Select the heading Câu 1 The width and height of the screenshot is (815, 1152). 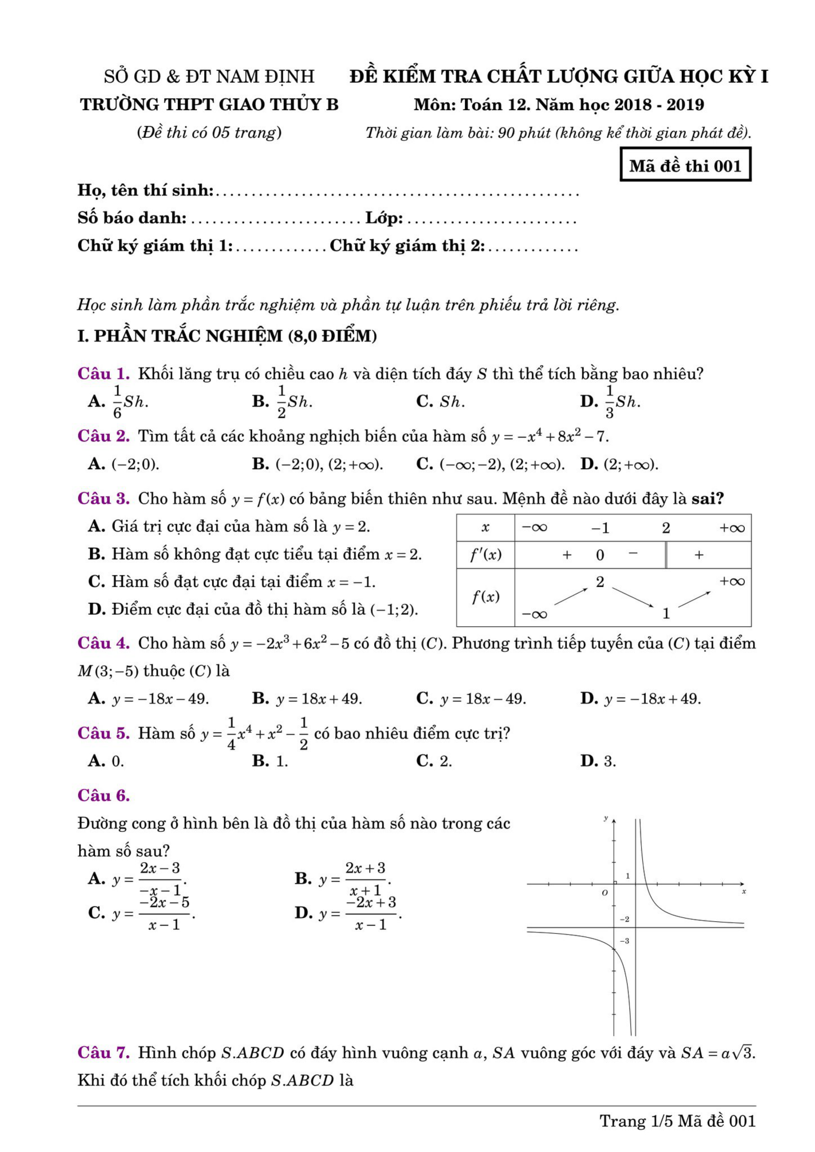(103, 374)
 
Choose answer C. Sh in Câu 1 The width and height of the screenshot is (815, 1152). (440, 402)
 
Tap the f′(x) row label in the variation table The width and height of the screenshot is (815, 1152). (485, 555)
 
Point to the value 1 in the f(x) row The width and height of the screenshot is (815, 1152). (666, 613)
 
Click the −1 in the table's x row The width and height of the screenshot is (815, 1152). (600, 528)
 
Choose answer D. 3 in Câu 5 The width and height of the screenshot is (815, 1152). (598, 761)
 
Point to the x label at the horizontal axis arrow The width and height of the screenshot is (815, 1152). (744, 892)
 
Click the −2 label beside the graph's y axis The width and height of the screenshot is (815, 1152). (624, 919)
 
